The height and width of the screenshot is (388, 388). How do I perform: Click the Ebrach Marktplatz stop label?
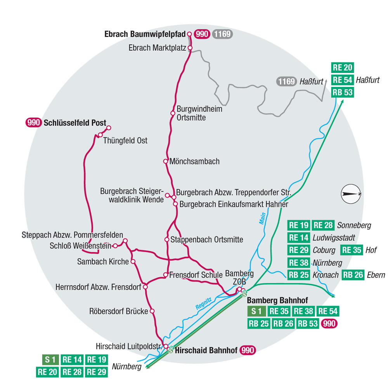tap(157, 48)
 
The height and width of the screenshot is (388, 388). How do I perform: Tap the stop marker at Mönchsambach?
tap(165, 161)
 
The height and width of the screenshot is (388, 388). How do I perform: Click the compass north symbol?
tap(351, 194)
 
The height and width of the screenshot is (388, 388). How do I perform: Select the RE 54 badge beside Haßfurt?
tap(343, 80)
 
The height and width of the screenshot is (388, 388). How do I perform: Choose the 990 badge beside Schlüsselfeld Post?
tap(34, 123)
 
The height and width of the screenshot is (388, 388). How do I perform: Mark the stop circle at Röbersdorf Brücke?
tap(152, 311)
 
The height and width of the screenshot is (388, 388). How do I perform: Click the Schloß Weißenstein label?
tap(81, 246)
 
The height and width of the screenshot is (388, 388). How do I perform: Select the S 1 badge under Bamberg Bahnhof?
tap(257, 311)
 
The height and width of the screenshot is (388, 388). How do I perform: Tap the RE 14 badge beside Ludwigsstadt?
tap(299, 237)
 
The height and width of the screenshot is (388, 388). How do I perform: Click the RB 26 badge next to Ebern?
tap(353, 275)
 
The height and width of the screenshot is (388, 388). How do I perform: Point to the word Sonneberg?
tap(354, 225)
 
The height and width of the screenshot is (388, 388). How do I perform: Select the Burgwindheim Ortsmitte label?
tap(199, 113)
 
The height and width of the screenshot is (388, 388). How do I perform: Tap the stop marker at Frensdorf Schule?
tap(165, 275)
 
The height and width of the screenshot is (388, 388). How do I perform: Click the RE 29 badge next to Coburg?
tap(299, 250)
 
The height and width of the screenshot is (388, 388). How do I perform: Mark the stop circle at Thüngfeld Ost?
tap(100, 135)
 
